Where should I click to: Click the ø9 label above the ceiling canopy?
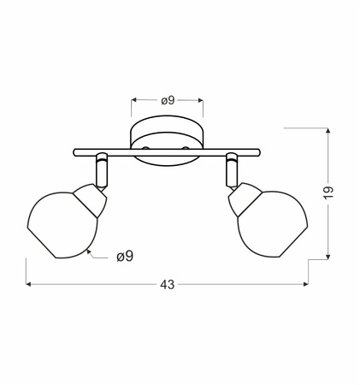(167, 100)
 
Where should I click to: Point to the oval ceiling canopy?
(167, 137)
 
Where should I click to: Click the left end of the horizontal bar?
(74, 155)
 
